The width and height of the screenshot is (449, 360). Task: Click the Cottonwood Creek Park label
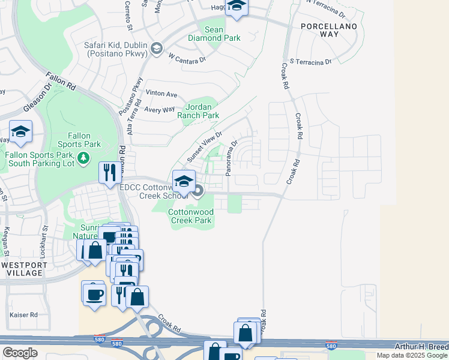tap(190, 216)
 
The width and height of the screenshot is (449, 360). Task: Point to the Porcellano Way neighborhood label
tap(328, 31)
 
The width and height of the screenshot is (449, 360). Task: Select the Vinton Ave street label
tap(161, 94)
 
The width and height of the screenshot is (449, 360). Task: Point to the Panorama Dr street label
tap(232, 158)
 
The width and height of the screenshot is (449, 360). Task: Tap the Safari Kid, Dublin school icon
tap(157, 48)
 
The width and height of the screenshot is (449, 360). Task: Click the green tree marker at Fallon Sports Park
tap(84, 158)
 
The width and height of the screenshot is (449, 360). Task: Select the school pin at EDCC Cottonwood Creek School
tap(183, 180)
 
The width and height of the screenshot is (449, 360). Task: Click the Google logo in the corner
tap(20, 353)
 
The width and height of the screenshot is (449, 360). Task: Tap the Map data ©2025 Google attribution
tap(412, 355)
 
